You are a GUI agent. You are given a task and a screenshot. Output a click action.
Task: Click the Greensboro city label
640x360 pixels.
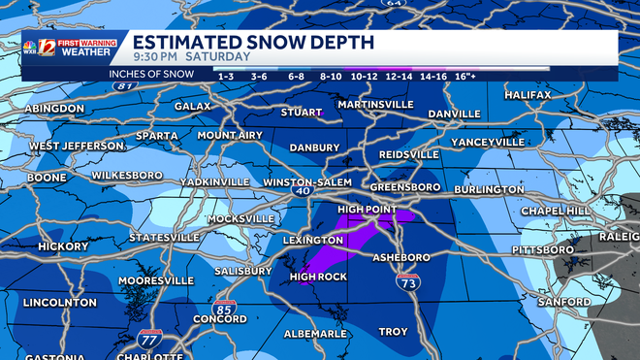click(404, 186)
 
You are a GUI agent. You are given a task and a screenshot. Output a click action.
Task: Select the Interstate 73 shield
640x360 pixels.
click(408, 282)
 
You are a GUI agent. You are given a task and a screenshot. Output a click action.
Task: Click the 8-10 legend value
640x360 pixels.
click(331, 76)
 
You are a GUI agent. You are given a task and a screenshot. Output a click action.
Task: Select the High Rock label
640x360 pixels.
click(318, 277)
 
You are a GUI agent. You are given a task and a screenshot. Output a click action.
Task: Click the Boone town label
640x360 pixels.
click(47, 178)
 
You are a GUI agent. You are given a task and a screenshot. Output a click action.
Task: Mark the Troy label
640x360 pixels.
click(393, 332)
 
